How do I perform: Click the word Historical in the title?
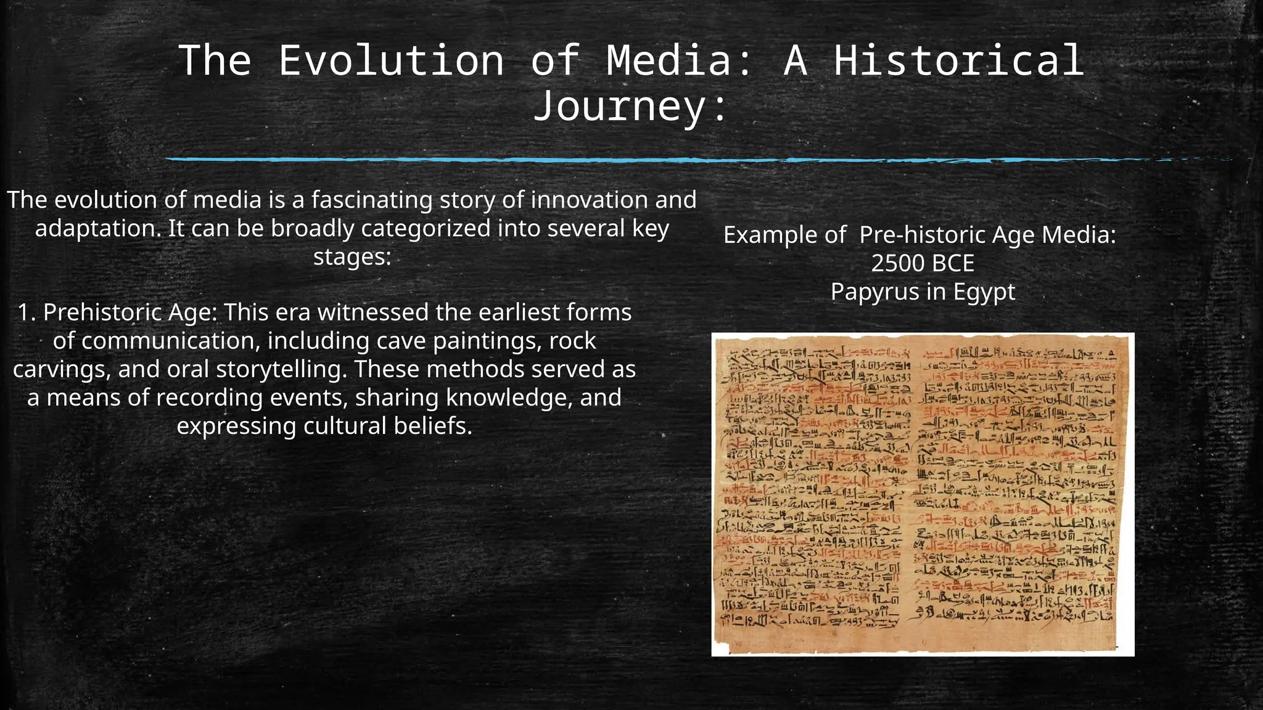959,60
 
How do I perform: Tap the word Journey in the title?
619,106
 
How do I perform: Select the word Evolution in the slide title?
391,60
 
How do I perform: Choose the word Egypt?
984,292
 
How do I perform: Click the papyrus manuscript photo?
923,494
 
